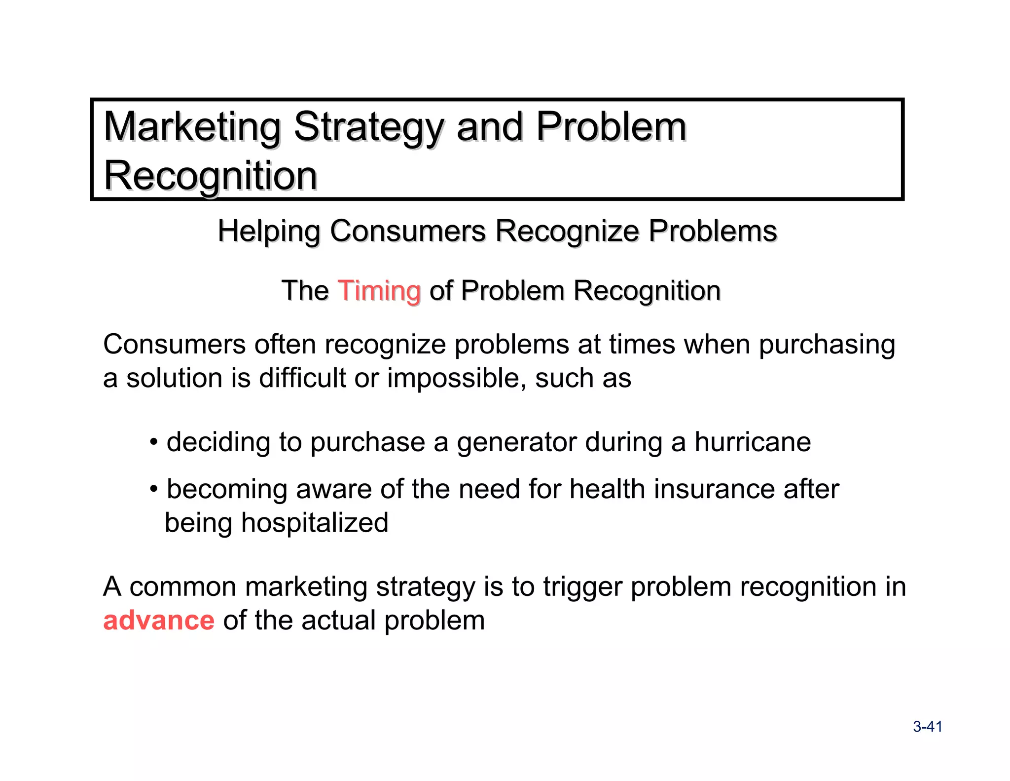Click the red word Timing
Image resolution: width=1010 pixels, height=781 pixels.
(x=379, y=291)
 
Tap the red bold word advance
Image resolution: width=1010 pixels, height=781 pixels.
(x=159, y=621)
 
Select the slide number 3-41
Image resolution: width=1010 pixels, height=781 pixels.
(x=927, y=727)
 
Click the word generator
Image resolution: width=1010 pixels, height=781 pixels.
(x=516, y=442)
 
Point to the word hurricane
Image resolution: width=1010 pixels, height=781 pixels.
(x=753, y=442)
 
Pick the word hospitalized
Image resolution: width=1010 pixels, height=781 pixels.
(x=315, y=523)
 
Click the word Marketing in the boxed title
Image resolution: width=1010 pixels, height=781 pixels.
(x=192, y=127)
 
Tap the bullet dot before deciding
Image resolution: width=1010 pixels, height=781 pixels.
(x=154, y=441)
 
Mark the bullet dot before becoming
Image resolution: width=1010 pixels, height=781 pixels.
(x=154, y=489)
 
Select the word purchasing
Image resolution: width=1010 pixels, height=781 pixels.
(x=827, y=345)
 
